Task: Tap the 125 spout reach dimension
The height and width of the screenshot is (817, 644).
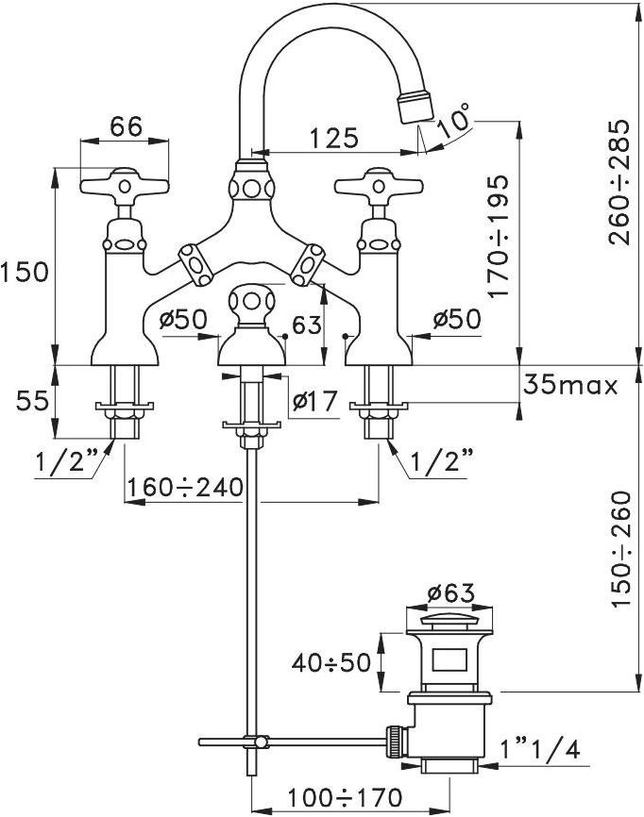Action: [333, 138]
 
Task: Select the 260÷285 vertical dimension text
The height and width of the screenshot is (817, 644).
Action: [619, 182]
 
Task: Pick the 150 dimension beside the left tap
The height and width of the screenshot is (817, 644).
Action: [24, 273]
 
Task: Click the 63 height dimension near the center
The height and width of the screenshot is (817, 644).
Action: [306, 325]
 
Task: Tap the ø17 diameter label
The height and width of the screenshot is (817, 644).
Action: [314, 402]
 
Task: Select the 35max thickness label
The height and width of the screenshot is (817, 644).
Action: [569, 385]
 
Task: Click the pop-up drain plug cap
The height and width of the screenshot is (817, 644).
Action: [449, 622]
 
